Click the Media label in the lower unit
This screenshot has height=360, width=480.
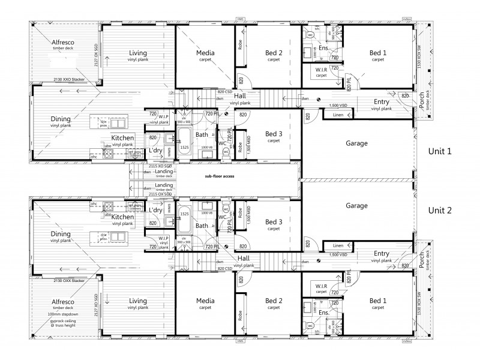(x=206, y=301)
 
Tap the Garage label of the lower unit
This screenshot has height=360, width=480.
(x=356, y=206)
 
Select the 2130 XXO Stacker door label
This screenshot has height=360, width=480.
(x=66, y=79)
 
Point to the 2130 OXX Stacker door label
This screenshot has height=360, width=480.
(x=66, y=281)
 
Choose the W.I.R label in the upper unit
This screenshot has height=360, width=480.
(x=322, y=70)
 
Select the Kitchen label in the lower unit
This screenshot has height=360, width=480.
(x=122, y=217)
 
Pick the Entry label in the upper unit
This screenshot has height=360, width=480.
(x=381, y=101)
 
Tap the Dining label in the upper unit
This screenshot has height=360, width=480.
(x=62, y=118)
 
